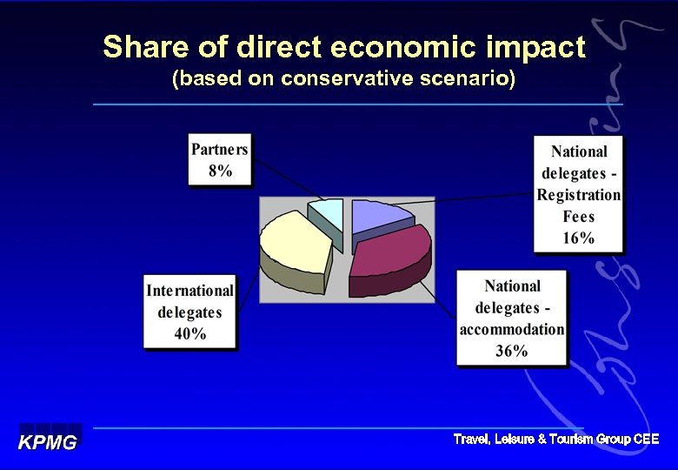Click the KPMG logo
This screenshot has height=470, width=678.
[49, 442]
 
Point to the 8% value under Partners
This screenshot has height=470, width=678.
[220, 171]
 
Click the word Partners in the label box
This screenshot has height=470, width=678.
[220, 149]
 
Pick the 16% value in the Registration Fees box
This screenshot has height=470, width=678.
[578, 238]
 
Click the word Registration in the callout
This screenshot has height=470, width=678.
[578, 195]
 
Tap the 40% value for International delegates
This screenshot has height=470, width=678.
[189, 334]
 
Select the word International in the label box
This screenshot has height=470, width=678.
[189, 291]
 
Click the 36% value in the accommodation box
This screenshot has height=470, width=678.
[512, 351]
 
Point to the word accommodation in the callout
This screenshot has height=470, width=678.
[512, 329]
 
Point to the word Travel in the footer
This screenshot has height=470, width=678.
[472, 440]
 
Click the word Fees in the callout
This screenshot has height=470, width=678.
[578, 217]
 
